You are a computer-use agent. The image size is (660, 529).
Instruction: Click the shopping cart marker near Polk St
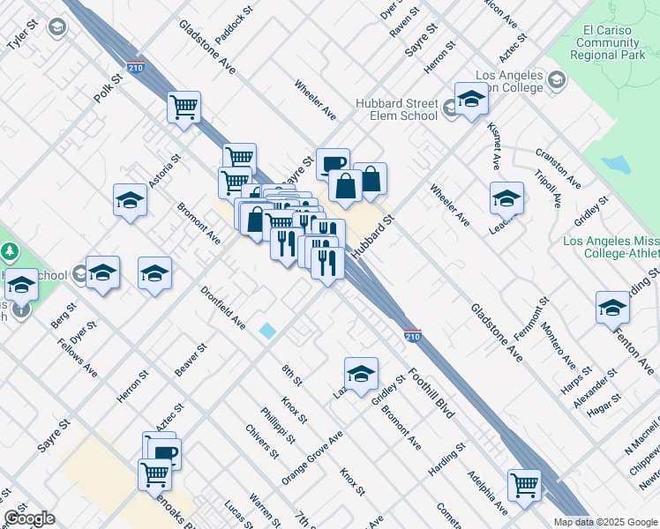184,108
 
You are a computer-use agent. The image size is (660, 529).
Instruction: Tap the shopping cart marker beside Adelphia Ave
523,485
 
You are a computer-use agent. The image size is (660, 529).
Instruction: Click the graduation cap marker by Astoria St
130,200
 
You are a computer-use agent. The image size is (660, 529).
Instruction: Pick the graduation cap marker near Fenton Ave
612,308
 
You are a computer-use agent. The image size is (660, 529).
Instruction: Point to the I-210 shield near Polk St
136,67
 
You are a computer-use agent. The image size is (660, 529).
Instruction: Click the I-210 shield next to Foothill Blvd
412,335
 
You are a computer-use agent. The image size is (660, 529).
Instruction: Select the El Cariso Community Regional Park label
611,42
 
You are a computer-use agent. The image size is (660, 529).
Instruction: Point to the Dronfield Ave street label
222,307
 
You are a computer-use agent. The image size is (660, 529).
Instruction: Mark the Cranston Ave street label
558,167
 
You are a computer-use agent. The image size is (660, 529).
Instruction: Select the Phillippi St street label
283,426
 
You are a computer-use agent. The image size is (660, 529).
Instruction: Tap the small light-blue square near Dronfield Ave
267,331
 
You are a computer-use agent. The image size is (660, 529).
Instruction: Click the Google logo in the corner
28,518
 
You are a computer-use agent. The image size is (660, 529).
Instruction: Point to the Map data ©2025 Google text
604,521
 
